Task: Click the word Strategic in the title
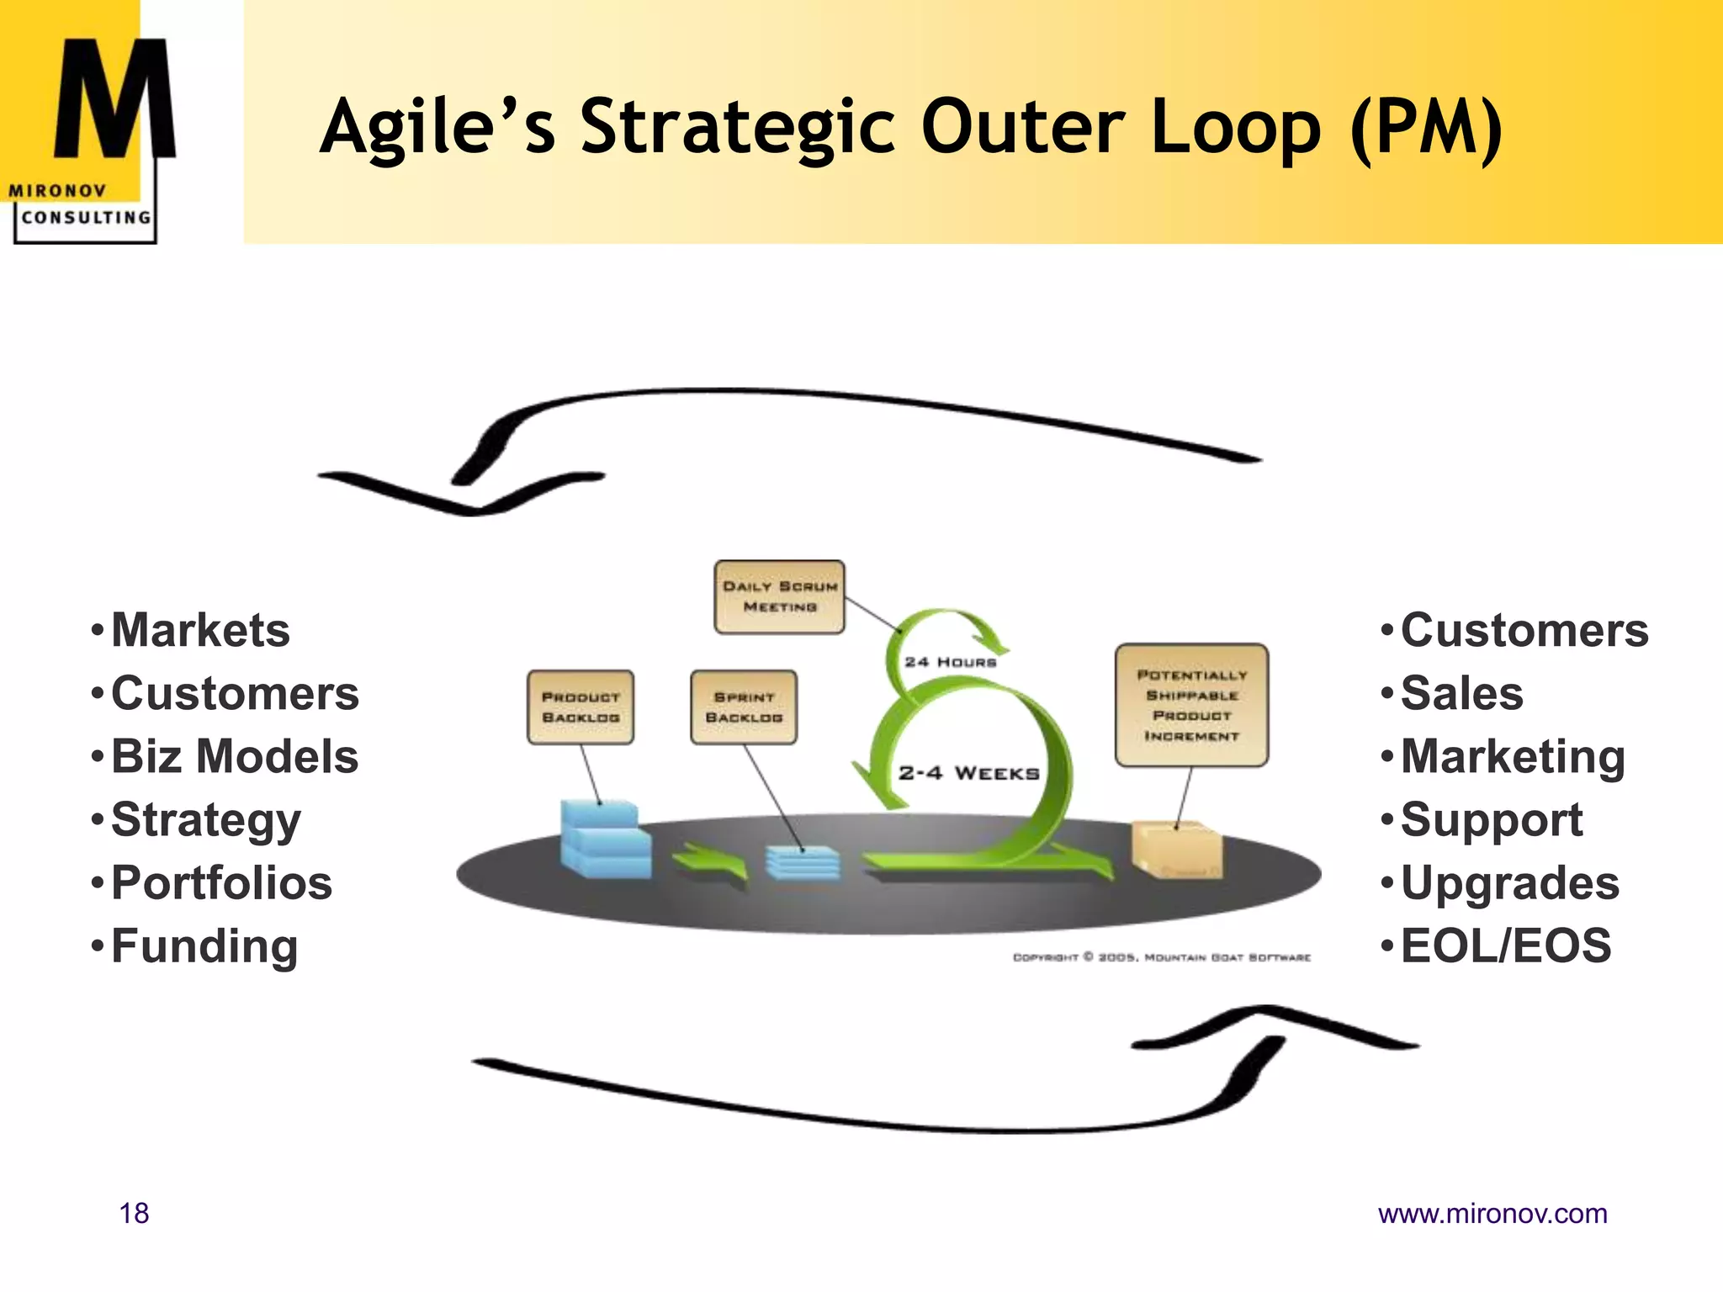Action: pos(738,128)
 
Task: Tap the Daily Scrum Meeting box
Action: pos(779,596)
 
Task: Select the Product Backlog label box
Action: pos(581,707)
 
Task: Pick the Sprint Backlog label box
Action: pos(744,707)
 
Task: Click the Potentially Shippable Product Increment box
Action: pos(1191,705)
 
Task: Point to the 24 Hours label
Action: pos(950,662)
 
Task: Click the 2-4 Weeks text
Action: pos(968,773)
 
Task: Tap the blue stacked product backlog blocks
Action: pos(604,841)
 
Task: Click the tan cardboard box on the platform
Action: pos(1177,850)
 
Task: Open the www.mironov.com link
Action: pos(1492,1213)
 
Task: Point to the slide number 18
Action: pos(134,1213)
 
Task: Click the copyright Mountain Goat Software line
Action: pos(1161,957)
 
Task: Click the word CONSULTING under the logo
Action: pos(86,217)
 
